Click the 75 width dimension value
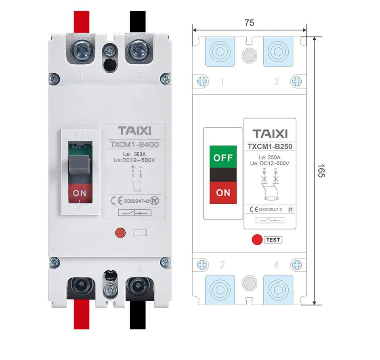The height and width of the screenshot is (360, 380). pos(249,23)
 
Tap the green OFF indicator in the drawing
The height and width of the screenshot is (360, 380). pos(223,157)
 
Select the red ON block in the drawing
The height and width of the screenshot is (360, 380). pos(223,193)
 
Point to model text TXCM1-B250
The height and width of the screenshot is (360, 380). pos(270,147)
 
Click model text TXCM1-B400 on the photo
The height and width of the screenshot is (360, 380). pos(134,145)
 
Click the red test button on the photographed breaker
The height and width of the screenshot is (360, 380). pos(120,232)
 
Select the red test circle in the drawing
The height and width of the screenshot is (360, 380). pos(257,240)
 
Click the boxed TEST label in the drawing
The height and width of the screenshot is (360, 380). pos(273,240)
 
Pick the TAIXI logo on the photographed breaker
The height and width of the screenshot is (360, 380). pos(134,131)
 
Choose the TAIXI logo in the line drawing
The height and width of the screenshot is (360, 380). pos(270,134)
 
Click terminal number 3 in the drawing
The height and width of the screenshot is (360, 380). pos(276,82)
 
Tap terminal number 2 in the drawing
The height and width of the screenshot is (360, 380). pos(222,265)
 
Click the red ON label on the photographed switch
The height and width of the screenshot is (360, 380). pos(80,193)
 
